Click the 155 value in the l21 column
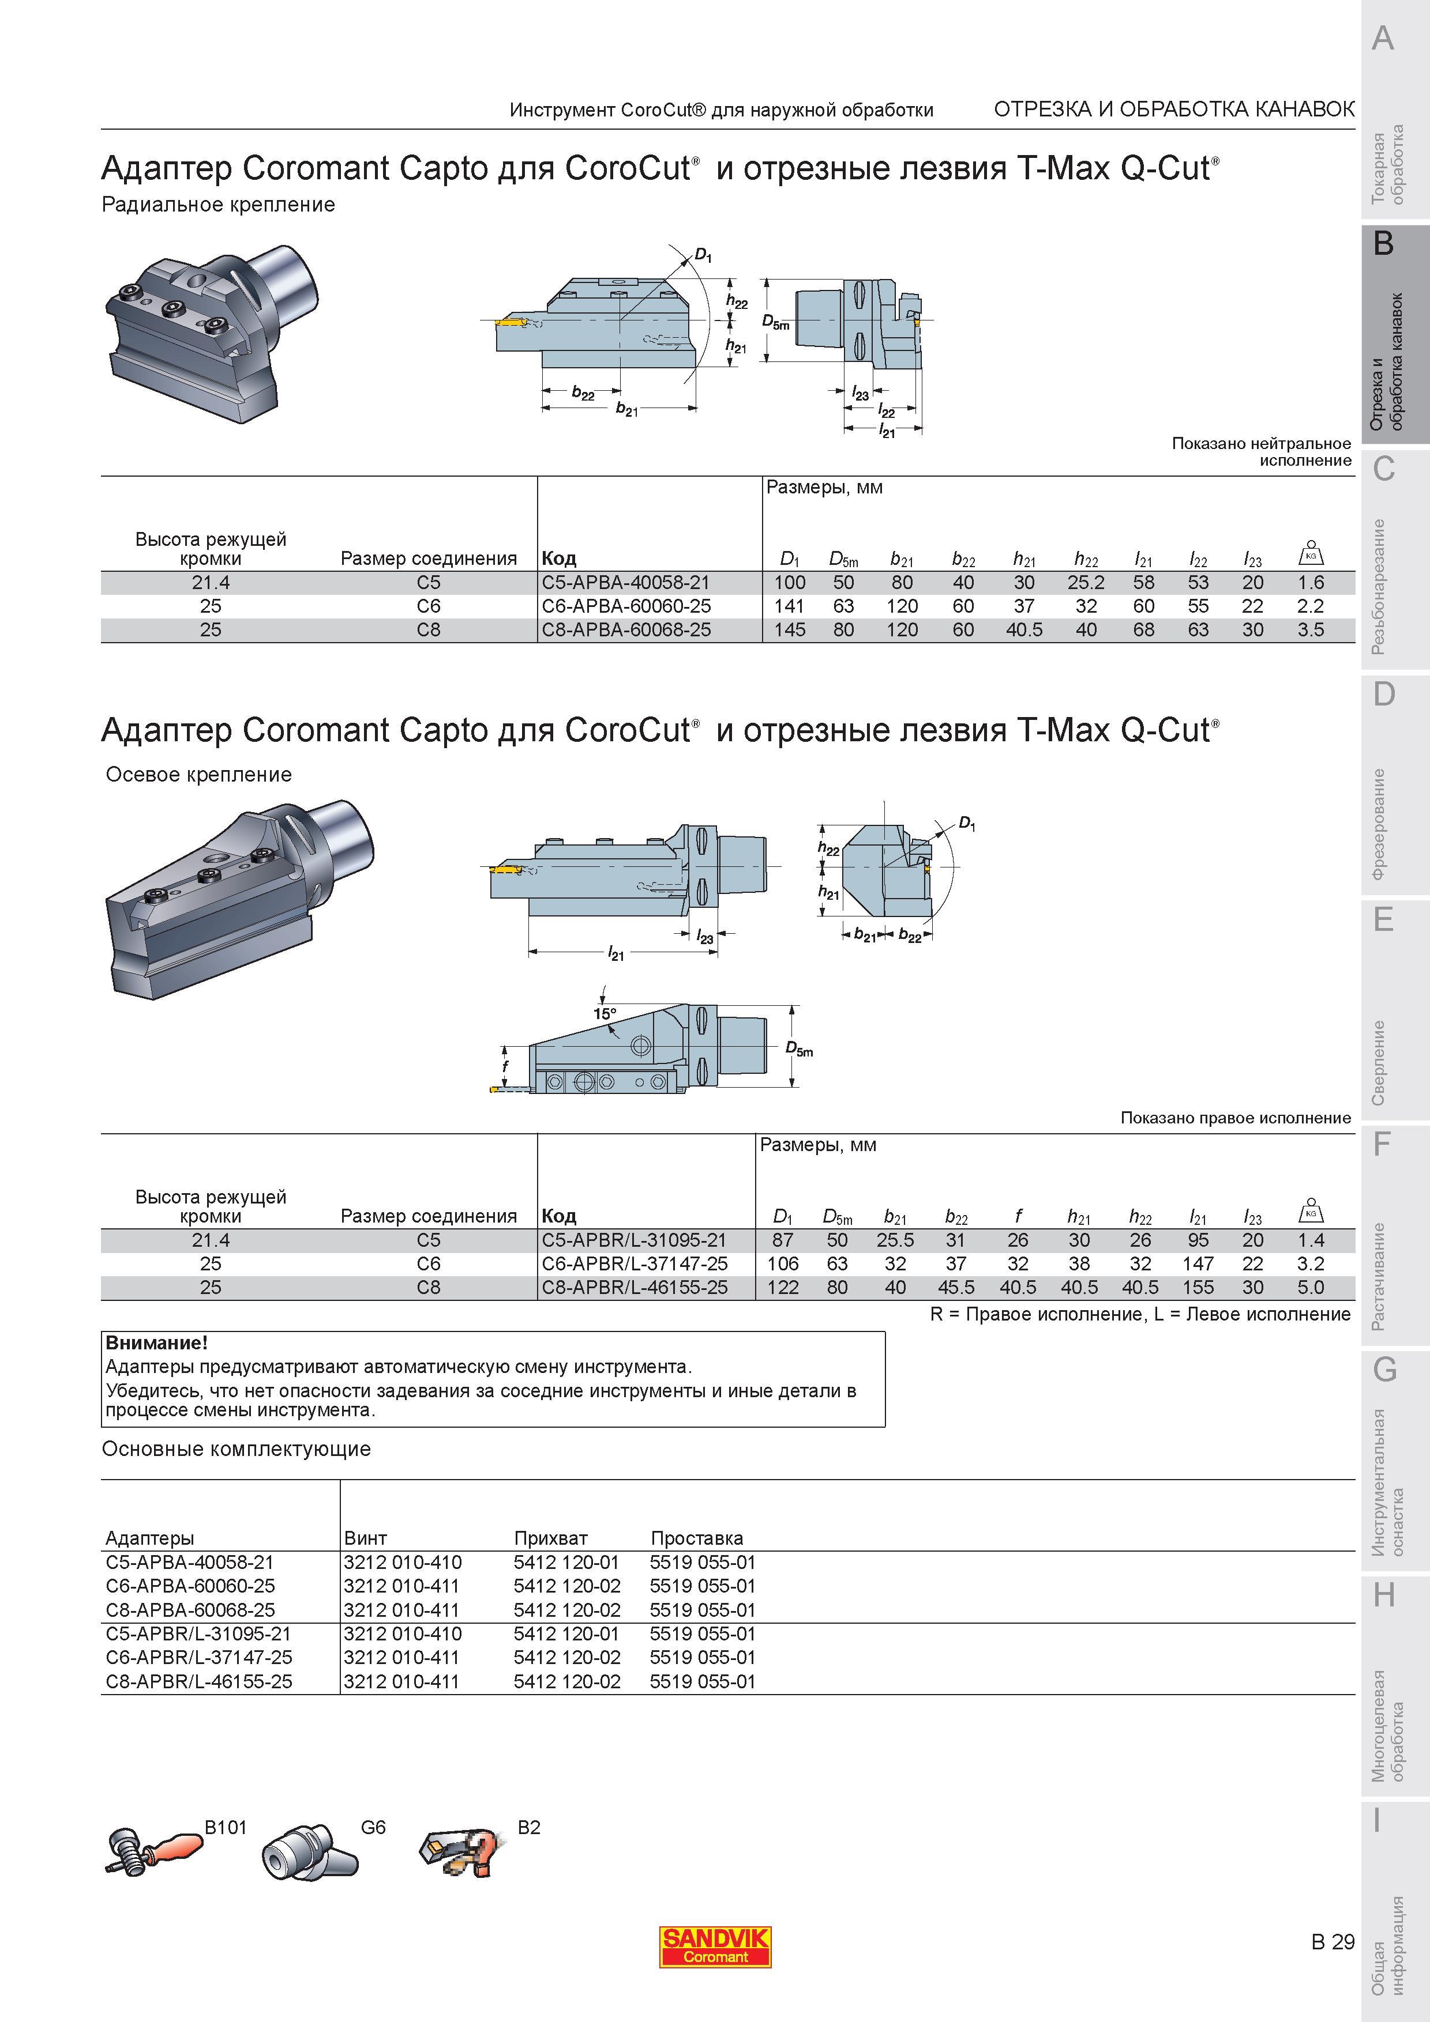pos(1198,1288)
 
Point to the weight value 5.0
pos(1310,1288)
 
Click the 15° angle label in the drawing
pos(605,1014)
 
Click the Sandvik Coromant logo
pos(715,1946)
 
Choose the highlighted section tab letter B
pos(1383,243)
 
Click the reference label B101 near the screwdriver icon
pos(226,1827)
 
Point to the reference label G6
pos(374,1827)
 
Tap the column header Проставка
pos(697,1538)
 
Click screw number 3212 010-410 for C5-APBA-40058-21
pos(403,1562)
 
